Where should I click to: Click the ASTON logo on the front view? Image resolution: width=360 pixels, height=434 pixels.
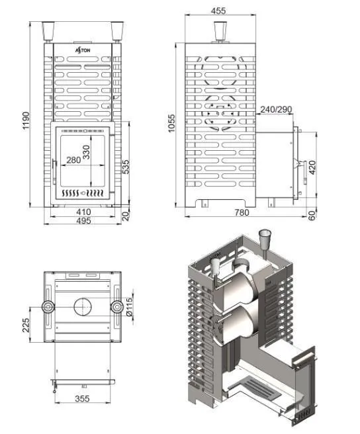83,50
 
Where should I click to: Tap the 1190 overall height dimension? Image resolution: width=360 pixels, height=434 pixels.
26,120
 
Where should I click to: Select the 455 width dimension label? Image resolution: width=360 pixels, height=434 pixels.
218,11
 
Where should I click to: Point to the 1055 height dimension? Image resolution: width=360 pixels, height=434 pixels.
171,123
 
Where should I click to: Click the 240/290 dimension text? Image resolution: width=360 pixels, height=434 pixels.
276,110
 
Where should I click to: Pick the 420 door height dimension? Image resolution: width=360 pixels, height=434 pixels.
312,167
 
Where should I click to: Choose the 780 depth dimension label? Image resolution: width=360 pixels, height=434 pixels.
242,212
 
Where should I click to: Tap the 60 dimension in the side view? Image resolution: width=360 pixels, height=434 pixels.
312,215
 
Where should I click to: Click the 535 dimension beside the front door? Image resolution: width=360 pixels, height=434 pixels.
126,167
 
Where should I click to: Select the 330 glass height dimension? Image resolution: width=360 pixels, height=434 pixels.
86,152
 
